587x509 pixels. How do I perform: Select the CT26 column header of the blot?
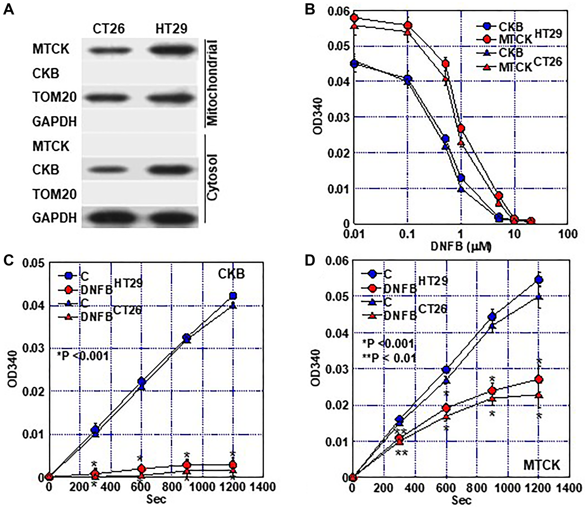pos(109,29)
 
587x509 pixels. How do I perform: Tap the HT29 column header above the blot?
pos(171,29)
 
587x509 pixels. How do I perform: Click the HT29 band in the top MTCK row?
pos(172,50)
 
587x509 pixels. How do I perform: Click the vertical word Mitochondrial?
pos(212,83)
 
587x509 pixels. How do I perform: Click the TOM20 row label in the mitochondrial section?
pos(54,97)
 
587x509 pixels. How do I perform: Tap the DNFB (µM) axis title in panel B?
pos(461,246)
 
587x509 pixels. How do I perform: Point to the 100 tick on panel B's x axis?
pos(568,234)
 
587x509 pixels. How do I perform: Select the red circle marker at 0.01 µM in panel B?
pos(355,18)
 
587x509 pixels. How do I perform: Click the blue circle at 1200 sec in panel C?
pos(233,296)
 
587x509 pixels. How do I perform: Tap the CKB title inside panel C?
pos(231,274)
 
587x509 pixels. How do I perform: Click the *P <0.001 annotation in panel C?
pos(83,356)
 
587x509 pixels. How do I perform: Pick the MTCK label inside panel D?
pos(542,465)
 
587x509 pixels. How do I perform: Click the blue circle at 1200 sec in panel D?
pos(539,280)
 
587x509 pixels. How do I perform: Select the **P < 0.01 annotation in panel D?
pos(389,358)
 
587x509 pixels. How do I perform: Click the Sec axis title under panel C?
pos(156,499)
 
